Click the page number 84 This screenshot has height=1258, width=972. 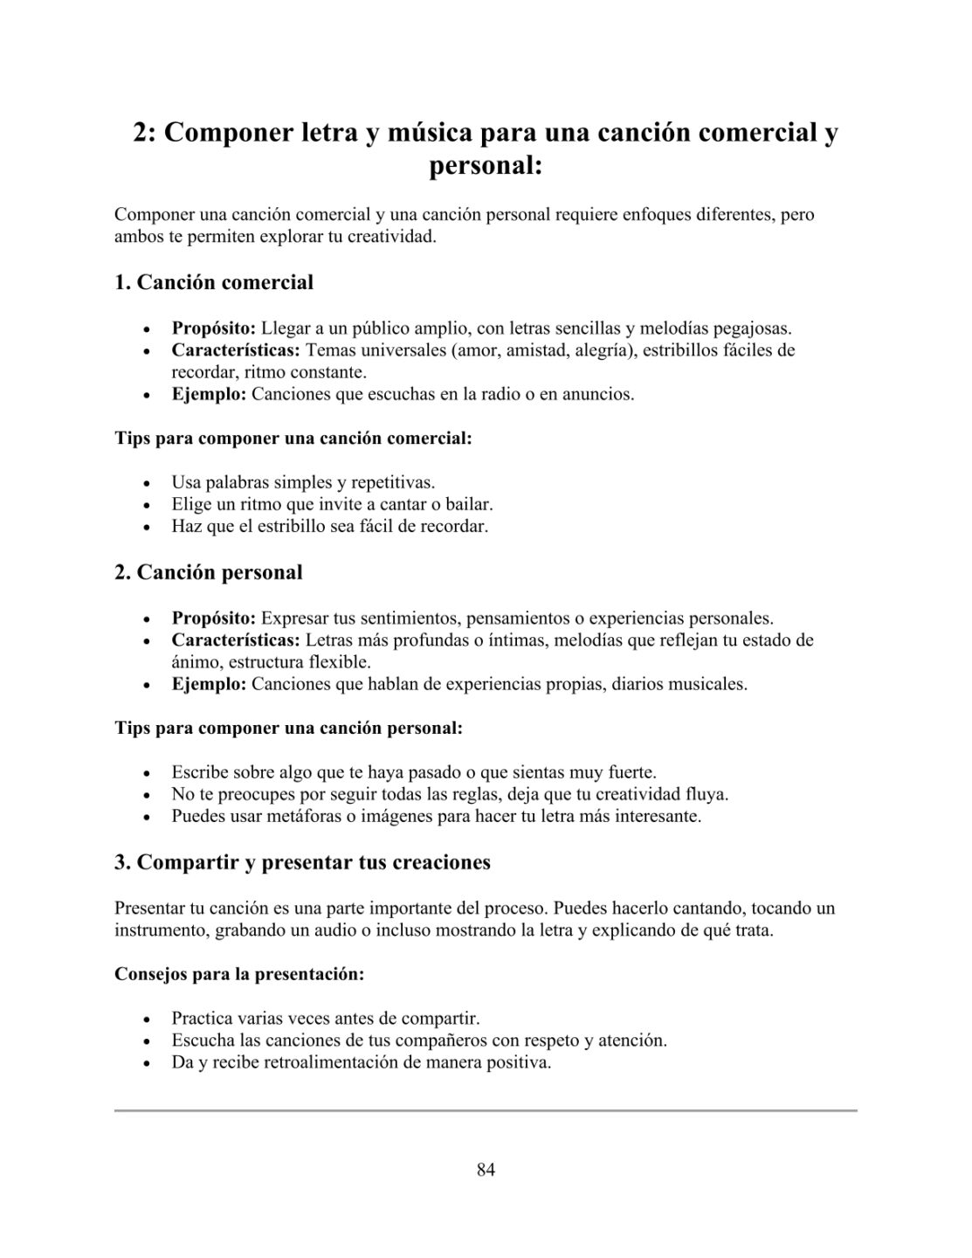[x=486, y=1170]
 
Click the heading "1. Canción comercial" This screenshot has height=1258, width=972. [x=214, y=282]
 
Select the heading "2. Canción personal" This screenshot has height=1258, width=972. [x=209, y=572]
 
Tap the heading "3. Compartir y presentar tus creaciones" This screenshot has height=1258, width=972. [x=302, y=862]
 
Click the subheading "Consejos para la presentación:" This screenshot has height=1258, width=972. [x=239, y=974]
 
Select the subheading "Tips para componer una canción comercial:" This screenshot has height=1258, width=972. [x=293, y=438]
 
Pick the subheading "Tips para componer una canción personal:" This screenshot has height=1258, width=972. [x=288, y=728]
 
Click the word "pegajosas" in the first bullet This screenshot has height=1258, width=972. [x=752, y=328]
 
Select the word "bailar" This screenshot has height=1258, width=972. [x=469, y=504]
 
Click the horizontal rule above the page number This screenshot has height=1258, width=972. [x=486, y=1110]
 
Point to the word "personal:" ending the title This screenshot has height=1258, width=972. [x=486, y=166]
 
